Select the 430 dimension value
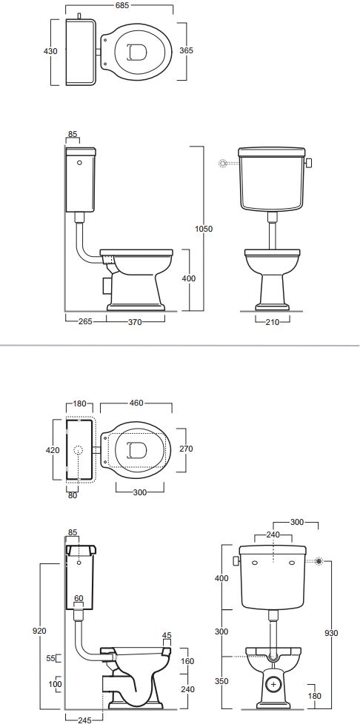coord(51,51)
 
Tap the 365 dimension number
coord(186,50)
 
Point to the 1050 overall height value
coord(204,229)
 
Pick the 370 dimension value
coord(135,322)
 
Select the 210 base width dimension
coord(272,322)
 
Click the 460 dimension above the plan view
coord(137,403)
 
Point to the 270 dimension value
coord(186,449)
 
